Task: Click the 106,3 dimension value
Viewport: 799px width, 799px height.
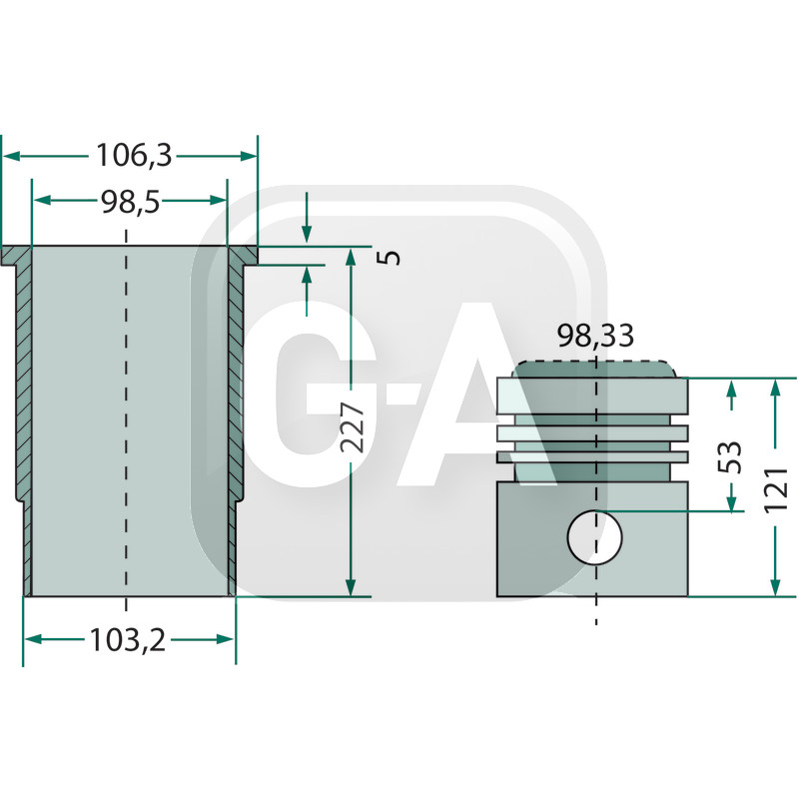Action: click(x=134, y=156)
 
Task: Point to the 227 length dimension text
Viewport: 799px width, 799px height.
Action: click(x=352, y=428)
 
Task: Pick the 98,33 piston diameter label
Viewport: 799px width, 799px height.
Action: click(x=595, y=337)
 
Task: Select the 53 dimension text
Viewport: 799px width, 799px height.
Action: click(x=732, y=456)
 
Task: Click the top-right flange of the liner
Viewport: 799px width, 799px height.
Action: click(x=243, y=257)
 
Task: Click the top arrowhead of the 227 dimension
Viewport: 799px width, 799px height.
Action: click(x=350, y=258)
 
